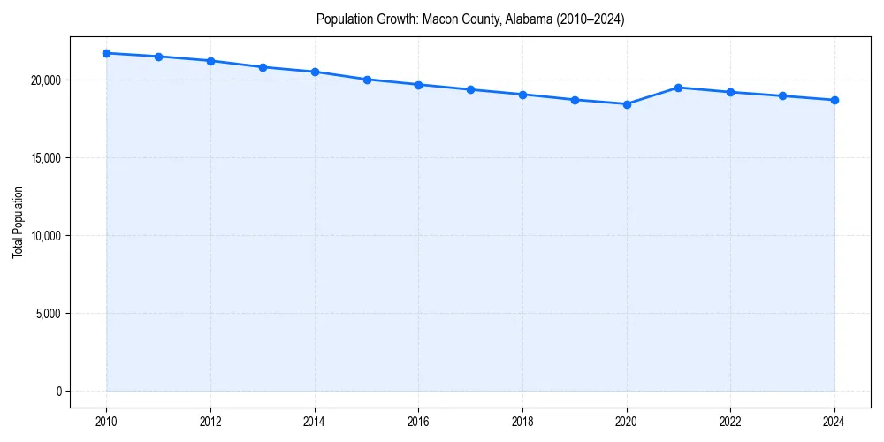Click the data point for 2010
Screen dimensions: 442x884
pos(106,53)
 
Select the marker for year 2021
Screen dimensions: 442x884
pos(678,88)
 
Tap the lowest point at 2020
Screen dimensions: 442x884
pos(627,104)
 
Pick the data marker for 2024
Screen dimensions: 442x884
pos(834,100)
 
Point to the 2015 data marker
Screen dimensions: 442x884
pos(367,80)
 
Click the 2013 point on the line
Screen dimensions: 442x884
pos(263,67)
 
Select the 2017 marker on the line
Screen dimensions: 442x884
pos(470,89)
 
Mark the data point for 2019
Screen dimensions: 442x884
pos(575,100)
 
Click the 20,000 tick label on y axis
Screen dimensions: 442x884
pos(46,80)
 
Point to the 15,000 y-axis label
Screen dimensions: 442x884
pos(46,158)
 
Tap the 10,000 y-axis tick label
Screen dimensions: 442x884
pos(46,236)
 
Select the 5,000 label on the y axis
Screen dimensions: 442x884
pos(49,314)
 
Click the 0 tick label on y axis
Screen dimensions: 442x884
pos(58,392)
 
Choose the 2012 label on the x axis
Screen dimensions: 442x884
pos(210,422)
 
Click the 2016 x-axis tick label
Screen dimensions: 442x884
pos(418,422)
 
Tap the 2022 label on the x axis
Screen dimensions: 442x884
pos(730,422)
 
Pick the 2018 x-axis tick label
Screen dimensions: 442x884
pos(522,422)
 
